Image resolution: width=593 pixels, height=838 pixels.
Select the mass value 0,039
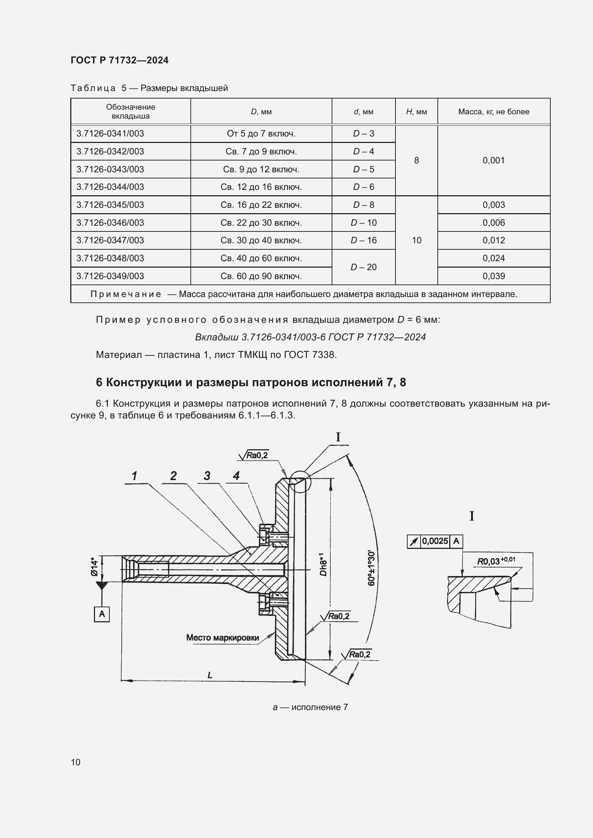pos(493,276)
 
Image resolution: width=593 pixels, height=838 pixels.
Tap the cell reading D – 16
pos(363,240)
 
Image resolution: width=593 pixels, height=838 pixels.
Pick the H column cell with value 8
pos(416,160)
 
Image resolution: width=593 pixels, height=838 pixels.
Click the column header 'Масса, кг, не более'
pos(493,112)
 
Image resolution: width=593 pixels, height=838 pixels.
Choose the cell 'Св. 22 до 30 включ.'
pos(261,222)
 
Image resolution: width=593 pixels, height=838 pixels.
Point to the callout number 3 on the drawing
pos(207,475)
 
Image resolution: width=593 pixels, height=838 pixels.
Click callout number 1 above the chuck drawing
pos(134,475)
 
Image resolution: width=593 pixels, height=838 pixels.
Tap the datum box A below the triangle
pos(102,614)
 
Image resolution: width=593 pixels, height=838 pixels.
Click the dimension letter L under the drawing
pos(210,675)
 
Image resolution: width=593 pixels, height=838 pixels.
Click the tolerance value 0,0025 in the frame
pos(435,541)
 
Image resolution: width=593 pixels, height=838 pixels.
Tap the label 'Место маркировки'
pos(222,638)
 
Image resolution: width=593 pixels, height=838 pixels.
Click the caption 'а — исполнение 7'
pos(310,707)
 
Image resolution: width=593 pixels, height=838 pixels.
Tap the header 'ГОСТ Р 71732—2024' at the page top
pos(119,60)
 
